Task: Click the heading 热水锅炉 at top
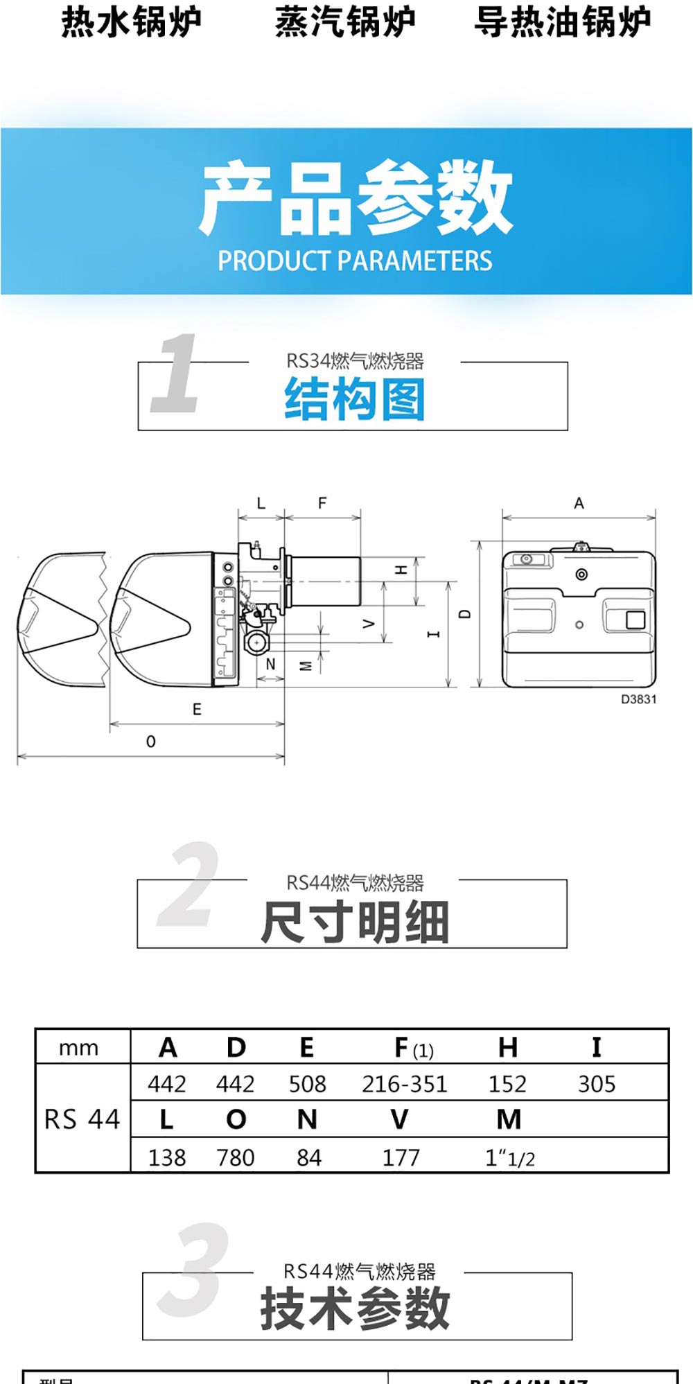(131, 22)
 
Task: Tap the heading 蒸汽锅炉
(345, 22)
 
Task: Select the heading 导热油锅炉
(562, 22)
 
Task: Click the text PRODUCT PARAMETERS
(355, 261)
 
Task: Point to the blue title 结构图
(355, 400)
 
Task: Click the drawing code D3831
(638, 699)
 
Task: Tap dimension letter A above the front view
(579, 503)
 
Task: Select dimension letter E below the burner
(197, 710)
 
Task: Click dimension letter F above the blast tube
(322, 503)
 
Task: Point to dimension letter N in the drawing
(270, 664)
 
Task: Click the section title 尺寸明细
(355, 922)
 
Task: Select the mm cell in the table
(78, 1048)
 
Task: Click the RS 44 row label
(82, 1119)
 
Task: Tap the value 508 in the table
(307, 1084)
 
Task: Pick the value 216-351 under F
(405, 1084)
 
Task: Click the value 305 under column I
(597, 1084)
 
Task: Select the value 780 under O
(236, 1157)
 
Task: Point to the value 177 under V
(401, 1157)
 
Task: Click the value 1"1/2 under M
(509, 1157)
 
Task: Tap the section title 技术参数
(355, 1308)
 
